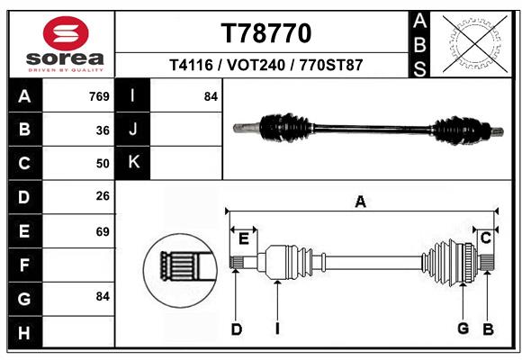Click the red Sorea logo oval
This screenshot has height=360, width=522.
click(x=66, y=33)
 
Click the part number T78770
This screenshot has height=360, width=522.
click(x=266, y=33)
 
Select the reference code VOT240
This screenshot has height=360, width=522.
click(x=256, y=65)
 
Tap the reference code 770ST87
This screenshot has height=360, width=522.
click(x=331, y=65)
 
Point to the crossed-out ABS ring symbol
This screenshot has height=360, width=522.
click(x=475, y=44)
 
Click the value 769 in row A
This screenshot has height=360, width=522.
click(x=99, y=96)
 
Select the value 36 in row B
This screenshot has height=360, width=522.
click(x=103, y=130)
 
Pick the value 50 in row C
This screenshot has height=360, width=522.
click(x=103, y=164)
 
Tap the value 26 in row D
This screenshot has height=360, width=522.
click(x=103, y=196)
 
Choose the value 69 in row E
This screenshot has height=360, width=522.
click(x=103, y=231)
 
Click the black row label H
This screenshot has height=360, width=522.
click(x=25, y=332)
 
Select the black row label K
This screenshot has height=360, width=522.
click(x=133, y=163)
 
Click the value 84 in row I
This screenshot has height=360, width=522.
click(x=211, y=96)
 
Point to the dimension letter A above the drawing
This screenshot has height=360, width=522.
click(x=361, y=202)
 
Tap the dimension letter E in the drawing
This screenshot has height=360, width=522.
click(x=244, y=238)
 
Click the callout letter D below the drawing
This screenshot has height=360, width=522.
click(x=237, y=329)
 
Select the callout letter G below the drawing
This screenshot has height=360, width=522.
click(x=463, y=328)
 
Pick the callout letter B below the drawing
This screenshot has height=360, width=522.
click(x=488, y=329)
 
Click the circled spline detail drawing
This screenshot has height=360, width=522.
click(x=180, y=270)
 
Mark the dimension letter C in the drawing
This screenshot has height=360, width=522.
click(x=486, y=238)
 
